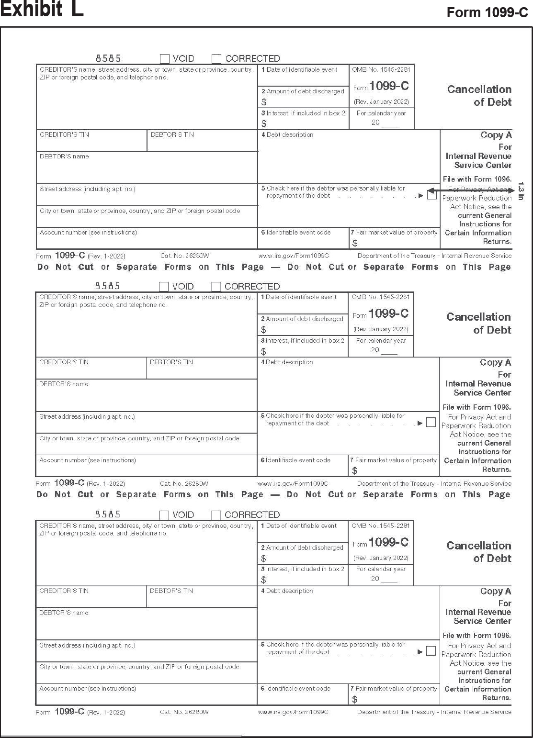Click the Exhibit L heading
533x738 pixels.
pyautogui.click(x=42, y=9)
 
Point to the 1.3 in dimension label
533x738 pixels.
pyautogui.click(x=522, y=190)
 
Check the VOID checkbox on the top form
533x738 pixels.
pyautogui.click(x=165, y=59)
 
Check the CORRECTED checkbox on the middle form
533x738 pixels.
pyautogui.click(x=216, y=287)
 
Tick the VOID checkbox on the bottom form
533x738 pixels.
pyautogui.click(x=164, y=515)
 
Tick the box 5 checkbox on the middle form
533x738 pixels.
pyautogui.click(x=431, y=422)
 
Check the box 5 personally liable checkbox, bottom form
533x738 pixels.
pyautogui.click(x=431, y=651)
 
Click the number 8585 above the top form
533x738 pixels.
pyautogui.click(x=108, y=58)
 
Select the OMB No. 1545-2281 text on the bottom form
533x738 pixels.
pyautogui.click(x=381, y=526)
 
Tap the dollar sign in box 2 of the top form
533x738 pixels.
pyautogui.click(x=264, y=102)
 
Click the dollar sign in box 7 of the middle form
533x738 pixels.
pyautogui.click(x=354, y=471)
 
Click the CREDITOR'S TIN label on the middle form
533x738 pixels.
pyautogui.click(x=64, y=362)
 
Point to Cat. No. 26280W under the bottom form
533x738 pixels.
pyautogui.click(x=184, y=712)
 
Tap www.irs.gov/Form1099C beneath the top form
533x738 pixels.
pyautogui.click(x=294, y=256)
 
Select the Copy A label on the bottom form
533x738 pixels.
pyautogui.click(x=496, y=591)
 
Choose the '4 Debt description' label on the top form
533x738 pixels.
pyautogui.click(x=287, y=135)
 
